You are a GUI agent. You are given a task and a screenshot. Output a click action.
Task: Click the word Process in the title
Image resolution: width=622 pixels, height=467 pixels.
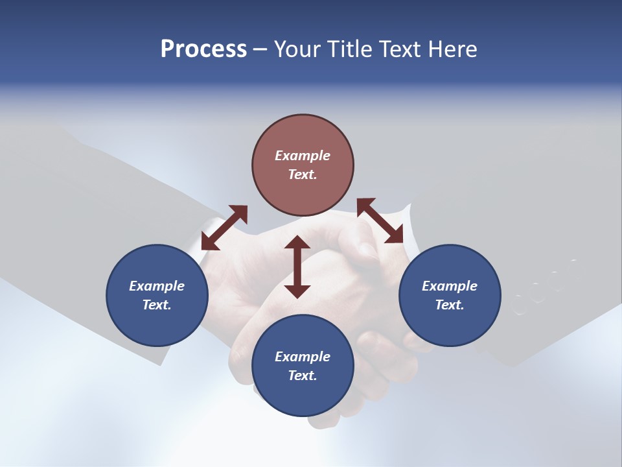click(203, 49)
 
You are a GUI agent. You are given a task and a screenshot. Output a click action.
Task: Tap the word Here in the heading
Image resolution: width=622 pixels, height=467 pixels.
click(452, 49)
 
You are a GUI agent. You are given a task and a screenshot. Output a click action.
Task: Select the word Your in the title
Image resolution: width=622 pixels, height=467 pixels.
click(299, 49)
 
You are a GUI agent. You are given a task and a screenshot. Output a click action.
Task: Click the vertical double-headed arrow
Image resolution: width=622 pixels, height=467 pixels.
click(297, 267)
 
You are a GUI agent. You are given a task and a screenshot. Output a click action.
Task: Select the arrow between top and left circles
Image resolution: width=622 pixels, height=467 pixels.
click(224, 228)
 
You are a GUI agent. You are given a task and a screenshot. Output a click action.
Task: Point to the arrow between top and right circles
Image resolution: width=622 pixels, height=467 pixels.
click(380, 221)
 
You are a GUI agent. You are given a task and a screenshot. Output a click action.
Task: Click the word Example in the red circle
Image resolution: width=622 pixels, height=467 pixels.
click(303, 156)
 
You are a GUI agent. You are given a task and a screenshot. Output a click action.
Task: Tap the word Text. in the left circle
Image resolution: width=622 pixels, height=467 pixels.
click(157, 305)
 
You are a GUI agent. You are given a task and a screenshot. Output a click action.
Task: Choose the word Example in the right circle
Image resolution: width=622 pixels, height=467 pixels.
click(450, 286)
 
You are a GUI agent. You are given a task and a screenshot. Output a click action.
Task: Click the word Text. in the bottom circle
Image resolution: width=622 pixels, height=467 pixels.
click(303, 376)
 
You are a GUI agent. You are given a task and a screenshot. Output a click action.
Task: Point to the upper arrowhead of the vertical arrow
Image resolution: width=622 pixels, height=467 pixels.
click(297, 243)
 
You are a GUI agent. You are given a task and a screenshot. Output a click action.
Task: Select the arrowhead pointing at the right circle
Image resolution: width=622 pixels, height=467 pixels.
click(394, 235)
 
